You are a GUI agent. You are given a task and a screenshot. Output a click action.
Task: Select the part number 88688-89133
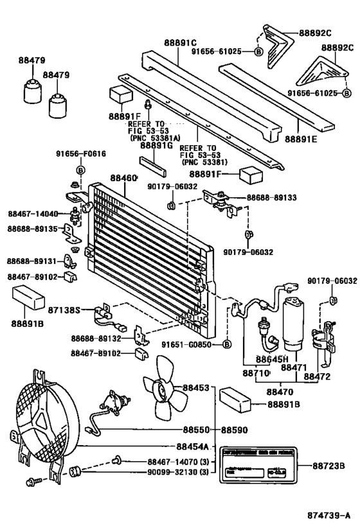tap(271, 198)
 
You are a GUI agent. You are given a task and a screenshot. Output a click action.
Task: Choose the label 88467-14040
tap(33, 214)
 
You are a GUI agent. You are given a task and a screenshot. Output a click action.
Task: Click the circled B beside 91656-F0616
tap(81, 170)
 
